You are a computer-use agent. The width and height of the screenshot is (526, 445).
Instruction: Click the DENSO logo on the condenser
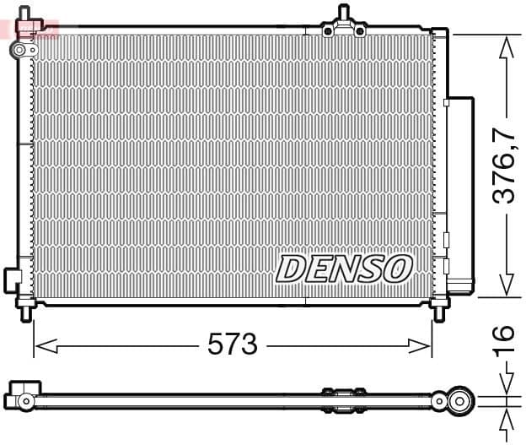pos(344,269)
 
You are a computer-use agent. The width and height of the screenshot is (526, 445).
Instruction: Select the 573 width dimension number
pos(232,345)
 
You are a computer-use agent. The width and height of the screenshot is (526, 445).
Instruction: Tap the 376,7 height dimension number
pos(504,166)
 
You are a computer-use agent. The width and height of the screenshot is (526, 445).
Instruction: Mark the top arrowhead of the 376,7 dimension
pos(505,46)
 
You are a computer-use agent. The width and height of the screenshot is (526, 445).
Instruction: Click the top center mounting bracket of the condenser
pos(343,25)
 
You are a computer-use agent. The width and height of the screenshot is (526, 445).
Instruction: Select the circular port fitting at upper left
pos(19,51)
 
